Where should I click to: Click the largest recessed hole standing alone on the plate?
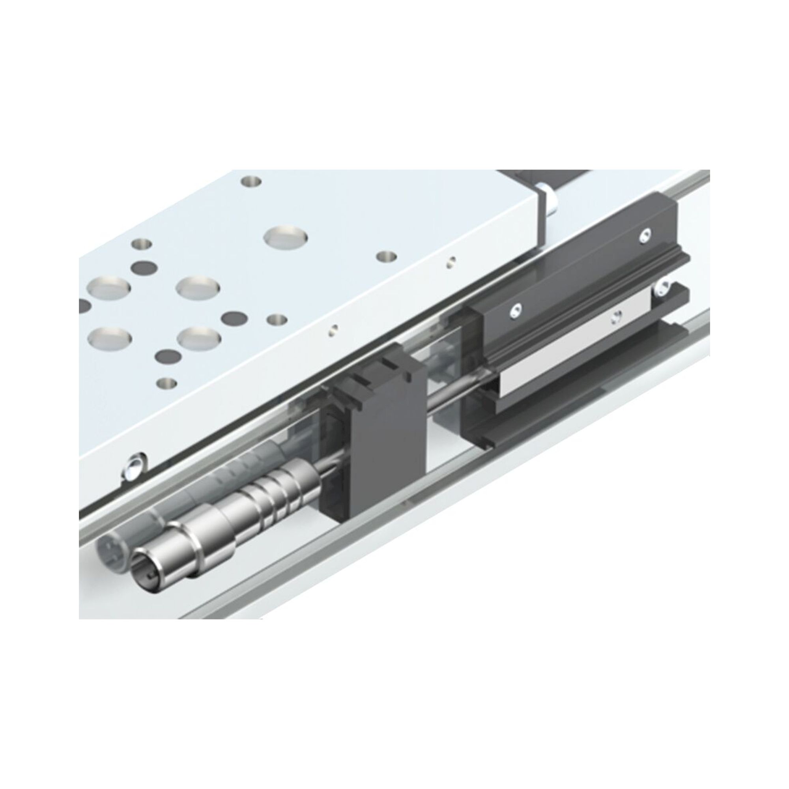pyautogui.click(x=286, y=237)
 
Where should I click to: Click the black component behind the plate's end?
pyautogui.click(x=547, y=179)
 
